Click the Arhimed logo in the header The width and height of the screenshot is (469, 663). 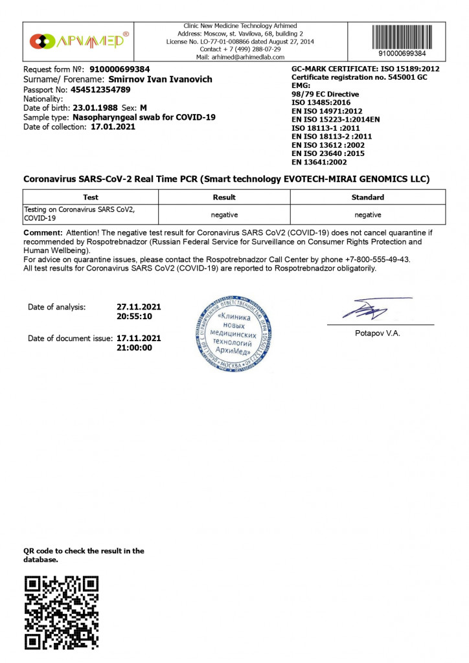79,41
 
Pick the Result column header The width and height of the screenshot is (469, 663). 224,197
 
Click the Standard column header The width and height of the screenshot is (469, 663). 367,197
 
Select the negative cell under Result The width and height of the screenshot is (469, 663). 224,214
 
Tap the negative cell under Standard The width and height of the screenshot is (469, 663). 367,214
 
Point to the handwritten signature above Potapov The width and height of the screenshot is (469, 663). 372,309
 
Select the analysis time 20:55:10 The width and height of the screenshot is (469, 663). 134,317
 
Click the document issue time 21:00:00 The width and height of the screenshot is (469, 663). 134,348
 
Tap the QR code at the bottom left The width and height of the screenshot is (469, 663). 61,612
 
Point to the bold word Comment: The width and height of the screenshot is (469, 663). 43,232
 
